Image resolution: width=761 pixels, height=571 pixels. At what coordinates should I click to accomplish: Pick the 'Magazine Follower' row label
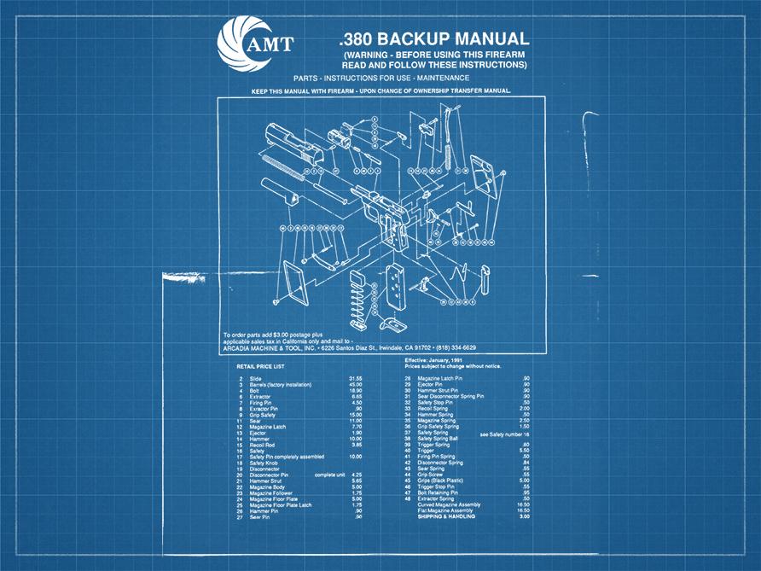tap(272, 492)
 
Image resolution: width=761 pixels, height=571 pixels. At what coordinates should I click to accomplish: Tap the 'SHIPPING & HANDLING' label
tap(447, 516)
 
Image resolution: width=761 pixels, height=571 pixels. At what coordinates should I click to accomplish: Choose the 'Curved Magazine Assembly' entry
tap(449, 504)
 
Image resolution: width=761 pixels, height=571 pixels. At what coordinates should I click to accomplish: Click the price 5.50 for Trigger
tap(525, 450)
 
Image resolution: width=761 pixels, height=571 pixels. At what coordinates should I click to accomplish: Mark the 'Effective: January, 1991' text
tap(440, 361)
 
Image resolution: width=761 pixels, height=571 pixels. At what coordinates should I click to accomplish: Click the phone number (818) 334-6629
tap(456, 348)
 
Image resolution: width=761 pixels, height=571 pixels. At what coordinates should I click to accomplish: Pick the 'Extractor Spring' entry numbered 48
tap(439, 498)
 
